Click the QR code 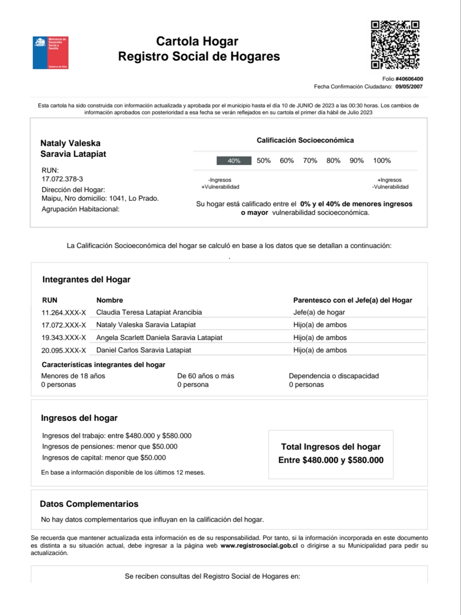[x=395, y=44]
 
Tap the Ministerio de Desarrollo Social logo [x=51, y=52]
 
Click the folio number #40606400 [x=409, y=79]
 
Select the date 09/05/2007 [x=409, y=87]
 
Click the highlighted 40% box [x=234, y=161]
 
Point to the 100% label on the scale [x=382, y=161]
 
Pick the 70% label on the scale [x=310, y=161]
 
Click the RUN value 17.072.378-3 [x=62, y=179]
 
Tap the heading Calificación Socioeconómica [x=305, y=141]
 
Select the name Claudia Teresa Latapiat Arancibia [x=149, y=312]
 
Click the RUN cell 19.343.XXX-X [x=64, y=338]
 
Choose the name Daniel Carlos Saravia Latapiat [x=143, y=350]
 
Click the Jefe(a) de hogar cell [x=319, y=312]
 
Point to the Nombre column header [x=110, y=300]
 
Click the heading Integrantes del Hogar [x=86, y=280]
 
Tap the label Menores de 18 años [x=73, y=376]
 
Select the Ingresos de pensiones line [x=110, y=447]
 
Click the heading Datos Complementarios [x=89, y=504]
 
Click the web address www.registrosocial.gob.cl [x=259, y=546]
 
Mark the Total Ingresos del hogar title [x=331, y=447]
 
